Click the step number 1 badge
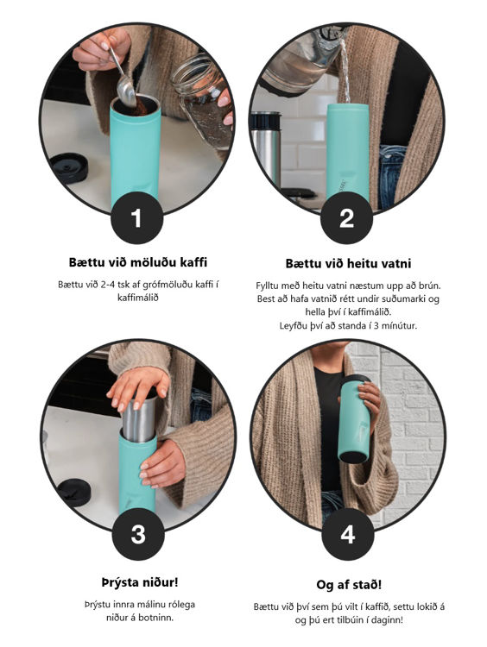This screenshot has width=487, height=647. (136, 217)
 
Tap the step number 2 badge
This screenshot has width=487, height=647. (346, 217)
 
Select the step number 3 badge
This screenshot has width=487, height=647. (138, 534)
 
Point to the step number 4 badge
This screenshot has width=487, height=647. (348, 534)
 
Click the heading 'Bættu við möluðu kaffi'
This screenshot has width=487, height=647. (138, 262)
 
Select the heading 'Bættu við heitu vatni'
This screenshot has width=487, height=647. (348, 264)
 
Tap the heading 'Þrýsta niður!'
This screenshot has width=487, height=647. (140, 582)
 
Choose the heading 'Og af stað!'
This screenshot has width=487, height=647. (349, 585)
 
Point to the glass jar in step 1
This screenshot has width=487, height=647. (203, 100)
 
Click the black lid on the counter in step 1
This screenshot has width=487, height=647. (69, 167)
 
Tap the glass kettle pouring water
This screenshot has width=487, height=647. (301, 62)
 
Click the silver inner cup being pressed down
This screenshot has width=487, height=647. (140, 418)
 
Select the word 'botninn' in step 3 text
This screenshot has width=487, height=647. (155, 619)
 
